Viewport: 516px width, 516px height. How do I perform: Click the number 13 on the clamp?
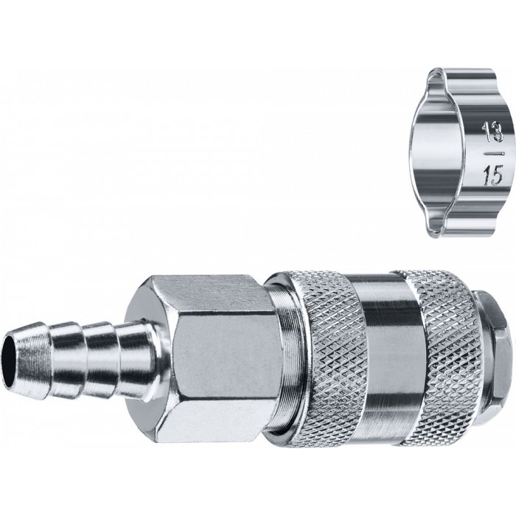click(x=492, y=132)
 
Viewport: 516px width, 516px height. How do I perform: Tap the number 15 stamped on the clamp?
click(x=493, y=175)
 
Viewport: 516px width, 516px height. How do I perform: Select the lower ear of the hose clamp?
click(x=460, y=228)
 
